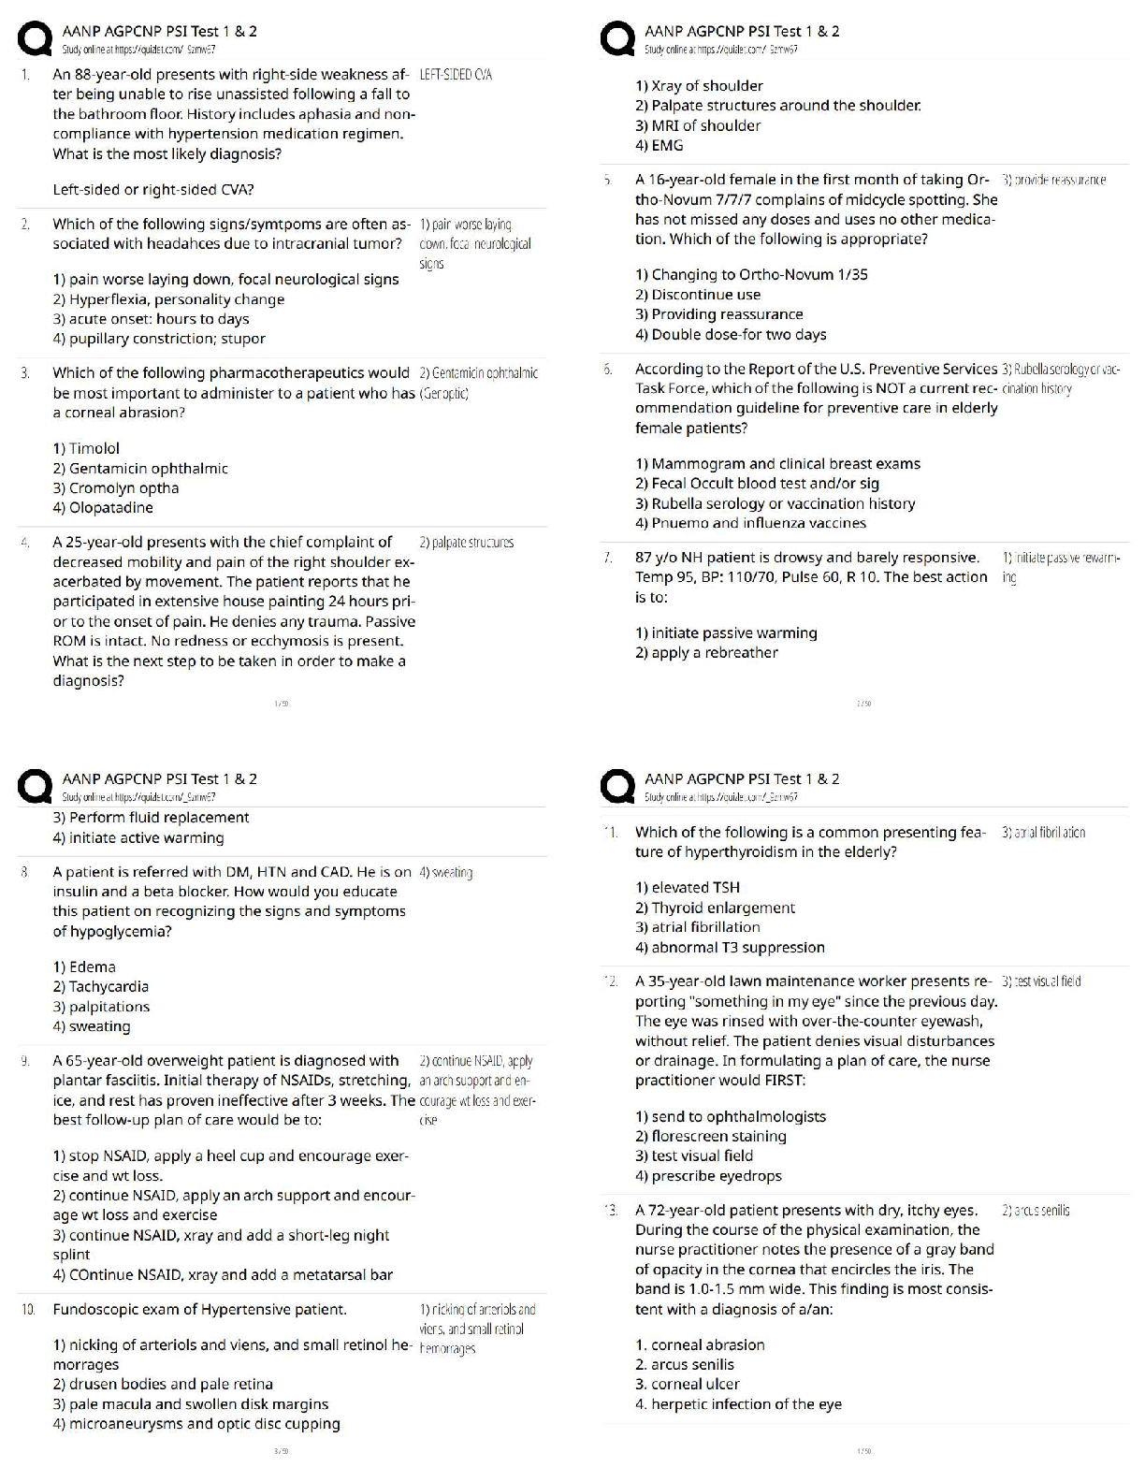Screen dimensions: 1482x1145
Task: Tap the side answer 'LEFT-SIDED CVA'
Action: [457, 75]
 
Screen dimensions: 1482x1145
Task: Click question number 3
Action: [25, 373]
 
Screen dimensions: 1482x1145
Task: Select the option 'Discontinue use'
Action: [697, 295]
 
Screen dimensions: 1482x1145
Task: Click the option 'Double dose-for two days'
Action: [731, 334]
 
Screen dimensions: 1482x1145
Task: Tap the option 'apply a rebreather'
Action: [706, 653]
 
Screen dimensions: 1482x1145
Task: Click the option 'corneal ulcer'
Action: [687, 1384]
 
